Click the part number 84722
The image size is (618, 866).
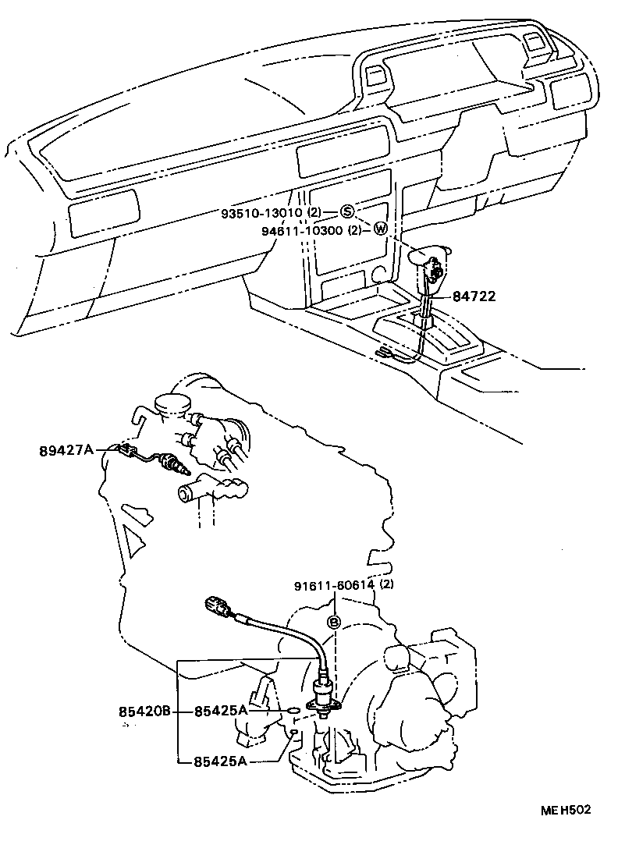pyautogui.click(x=474, y=296)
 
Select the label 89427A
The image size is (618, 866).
pyautogui.click(x=66, y=449)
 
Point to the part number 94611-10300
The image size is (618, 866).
pyautogui.click(x=302, y=230)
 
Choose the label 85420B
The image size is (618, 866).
pyautogui.click(x=144, y=711)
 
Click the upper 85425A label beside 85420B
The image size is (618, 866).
pyautogui.click(x=221, y=711)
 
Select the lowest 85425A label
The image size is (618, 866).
pyautogui.click(x=221, y=761)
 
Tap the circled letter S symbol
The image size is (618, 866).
pyautogui.click(x=347, y=212)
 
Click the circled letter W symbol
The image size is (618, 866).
pyautogui.click(x=380, y=229)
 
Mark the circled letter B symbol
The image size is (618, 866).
pyautogui.click(x=333, y=622)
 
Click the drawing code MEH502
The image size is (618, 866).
pyautogui.click(x=566, y=810)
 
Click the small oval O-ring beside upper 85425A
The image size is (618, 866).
pyautogui.click(x=290, y=711)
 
